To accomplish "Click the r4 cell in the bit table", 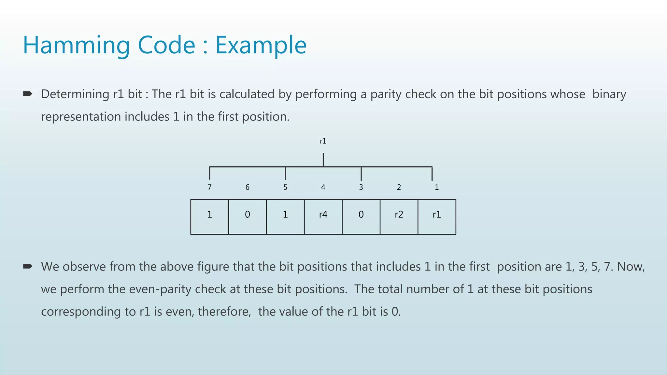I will click(x=323, y=216).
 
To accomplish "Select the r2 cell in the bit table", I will click(x=399, y=216).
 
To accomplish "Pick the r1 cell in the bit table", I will click(x=437, y=216).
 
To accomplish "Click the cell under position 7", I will click(x=209, y=216).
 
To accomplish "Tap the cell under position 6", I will click(x=248, y=216).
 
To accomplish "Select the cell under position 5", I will click(x=285, y=216).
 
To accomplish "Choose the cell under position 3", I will click(x=361, y=216).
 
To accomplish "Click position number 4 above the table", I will click(x=323, y=187).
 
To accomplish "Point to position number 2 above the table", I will click(x=399, y=187).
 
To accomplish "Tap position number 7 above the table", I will click(x=209, y=187).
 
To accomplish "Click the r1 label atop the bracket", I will click(x=323, y=141).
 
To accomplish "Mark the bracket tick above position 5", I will click(x=285, y=174).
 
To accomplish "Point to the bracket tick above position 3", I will click(x=361, y=174).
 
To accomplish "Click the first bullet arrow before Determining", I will click(x=28, y=94).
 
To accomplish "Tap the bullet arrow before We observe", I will click(x=28, y=267).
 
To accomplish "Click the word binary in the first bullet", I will click(x=609, y=94).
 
